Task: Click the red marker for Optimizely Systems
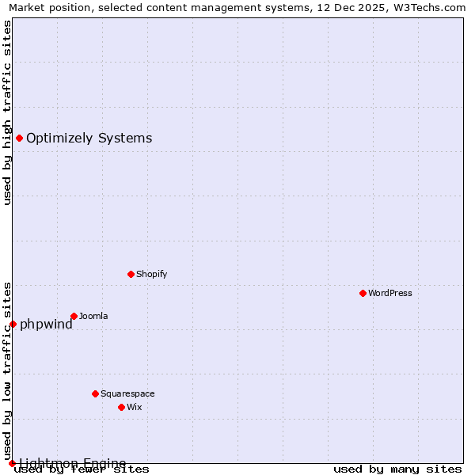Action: (19, 139)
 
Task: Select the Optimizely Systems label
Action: (89, 139)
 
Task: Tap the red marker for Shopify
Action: (131, 274)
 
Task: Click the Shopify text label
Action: (151, 274)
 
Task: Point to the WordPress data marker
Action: (363, 293)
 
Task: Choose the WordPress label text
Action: (390, 293)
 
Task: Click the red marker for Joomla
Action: (74, 316)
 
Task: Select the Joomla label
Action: (93, 317)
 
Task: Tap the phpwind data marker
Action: (13, 324)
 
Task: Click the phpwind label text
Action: (46, 324)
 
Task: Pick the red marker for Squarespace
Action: (95, 393)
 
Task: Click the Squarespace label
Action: (127, 393)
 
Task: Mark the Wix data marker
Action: (121, 407)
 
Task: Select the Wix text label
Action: (135, 407)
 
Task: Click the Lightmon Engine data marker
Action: (12, 463)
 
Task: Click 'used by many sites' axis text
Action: (397, 469)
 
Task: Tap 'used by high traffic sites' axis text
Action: (7, 112)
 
